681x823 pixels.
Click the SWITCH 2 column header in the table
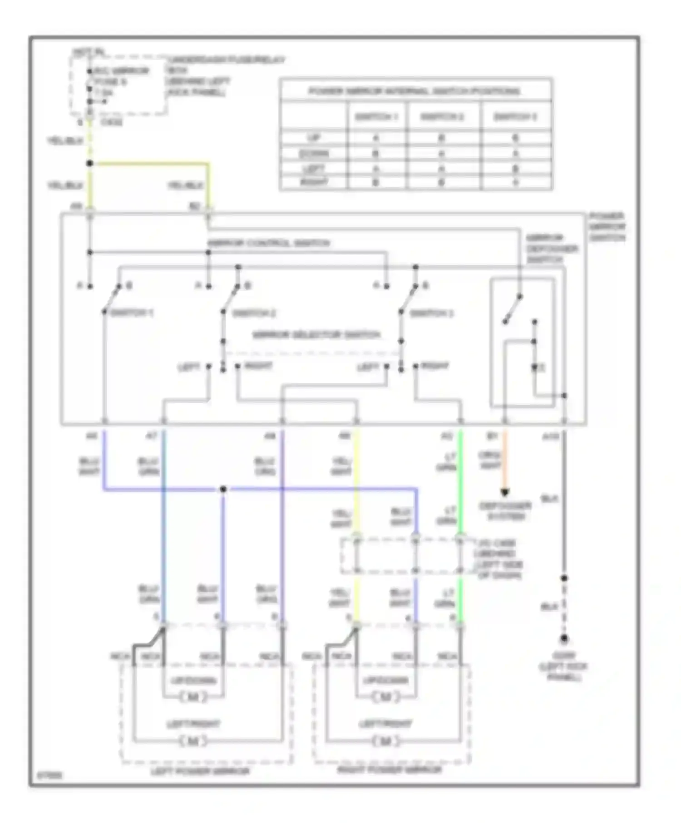(x=442, y=117)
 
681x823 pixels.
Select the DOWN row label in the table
(x=314, y=153)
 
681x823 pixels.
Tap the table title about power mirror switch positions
(x=414, y=91)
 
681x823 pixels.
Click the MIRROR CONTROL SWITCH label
(x=269, y=243)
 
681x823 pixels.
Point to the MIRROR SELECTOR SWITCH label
(x=316, y=335)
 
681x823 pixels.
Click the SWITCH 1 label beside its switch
(x=132, y=313)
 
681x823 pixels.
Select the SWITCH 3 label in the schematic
(x=431, y=313)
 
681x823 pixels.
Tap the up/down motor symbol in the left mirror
(x=193, y=697)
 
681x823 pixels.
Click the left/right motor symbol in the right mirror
(x=385, y=741)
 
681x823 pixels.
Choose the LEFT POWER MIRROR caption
(x=200, y=771)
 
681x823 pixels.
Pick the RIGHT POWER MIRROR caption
(x=390, y=770)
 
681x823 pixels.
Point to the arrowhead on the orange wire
(x=505, y=492)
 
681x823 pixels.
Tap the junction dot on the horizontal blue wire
(x=223, y=489)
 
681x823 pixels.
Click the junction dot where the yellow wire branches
(x=90, y=163)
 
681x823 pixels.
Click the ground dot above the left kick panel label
(x=564, y=638)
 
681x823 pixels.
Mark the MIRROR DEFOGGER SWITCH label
(x=552, y=249)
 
